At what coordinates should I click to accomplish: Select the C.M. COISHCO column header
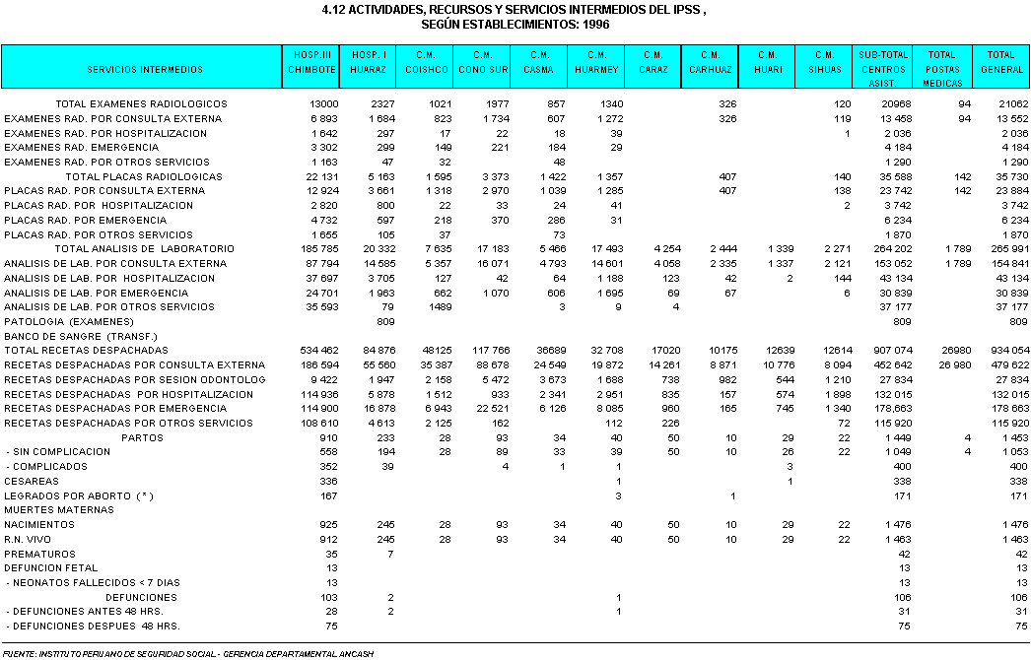pos(426,63)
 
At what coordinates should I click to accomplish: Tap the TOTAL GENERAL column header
pos(1000,63)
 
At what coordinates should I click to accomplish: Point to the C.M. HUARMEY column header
pos(596,63)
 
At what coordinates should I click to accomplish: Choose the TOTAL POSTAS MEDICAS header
pos(942,63)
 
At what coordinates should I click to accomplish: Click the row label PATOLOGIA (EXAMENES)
pos(69,322)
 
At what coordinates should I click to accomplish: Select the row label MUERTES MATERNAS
pos(59,510)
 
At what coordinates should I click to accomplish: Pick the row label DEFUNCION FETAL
pos(51,568)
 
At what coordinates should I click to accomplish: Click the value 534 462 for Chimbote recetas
pos(318,351)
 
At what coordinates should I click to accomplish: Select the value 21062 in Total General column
pos(1012,103)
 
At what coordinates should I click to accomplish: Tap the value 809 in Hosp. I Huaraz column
pos(384,322)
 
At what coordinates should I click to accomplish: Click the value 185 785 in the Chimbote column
pos(318,249)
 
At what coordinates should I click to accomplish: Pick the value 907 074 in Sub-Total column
pos(891,351)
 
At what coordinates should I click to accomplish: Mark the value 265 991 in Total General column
pos(1007,249)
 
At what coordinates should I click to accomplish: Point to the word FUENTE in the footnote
pos(18,653)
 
